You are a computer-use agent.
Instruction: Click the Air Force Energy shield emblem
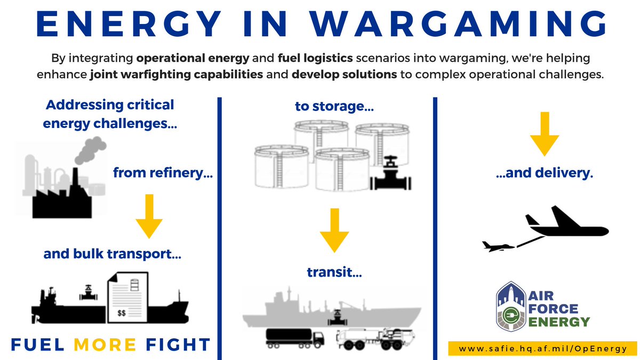tap(511, 307)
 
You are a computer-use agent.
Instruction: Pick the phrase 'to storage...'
tap(334, 107)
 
